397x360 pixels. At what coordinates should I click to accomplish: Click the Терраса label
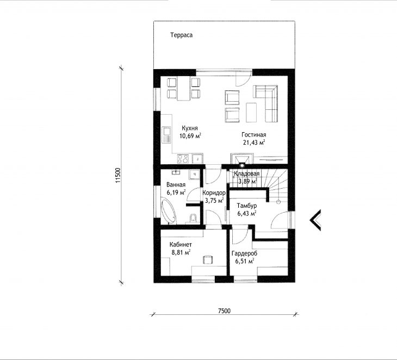181,35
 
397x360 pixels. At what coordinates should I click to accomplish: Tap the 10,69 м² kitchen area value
190,136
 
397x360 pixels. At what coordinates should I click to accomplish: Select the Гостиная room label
253,135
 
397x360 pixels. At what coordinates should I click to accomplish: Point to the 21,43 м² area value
254,142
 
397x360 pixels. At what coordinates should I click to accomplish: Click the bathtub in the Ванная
168,212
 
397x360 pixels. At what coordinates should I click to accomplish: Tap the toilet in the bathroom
193,218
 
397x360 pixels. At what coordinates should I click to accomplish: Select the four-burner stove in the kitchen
183,159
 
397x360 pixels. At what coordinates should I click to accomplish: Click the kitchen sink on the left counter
167,135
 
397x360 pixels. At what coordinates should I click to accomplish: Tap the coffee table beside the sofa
251,113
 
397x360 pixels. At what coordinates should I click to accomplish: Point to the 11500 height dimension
118,175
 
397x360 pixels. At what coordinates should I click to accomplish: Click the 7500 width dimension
224,311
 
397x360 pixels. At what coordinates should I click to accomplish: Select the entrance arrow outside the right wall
315,220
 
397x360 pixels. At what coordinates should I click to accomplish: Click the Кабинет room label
181,245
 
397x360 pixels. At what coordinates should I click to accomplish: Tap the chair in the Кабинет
208,259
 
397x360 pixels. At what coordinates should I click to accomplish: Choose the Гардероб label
244,253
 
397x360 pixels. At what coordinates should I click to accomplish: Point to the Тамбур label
246,206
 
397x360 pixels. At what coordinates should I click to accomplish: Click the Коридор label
214,193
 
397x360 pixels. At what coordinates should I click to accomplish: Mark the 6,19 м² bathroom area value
176,193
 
